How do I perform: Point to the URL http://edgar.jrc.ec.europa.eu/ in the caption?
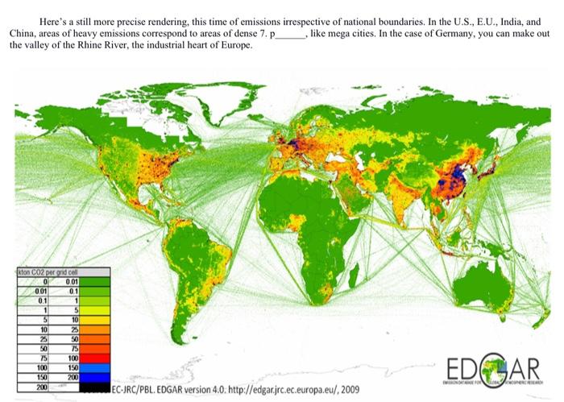(x=269, y=390)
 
